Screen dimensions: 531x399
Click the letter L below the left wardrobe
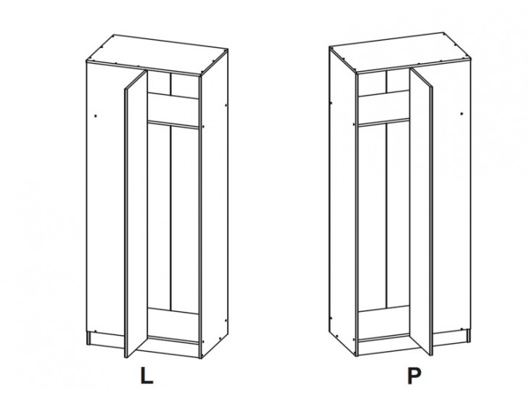coord(147,375)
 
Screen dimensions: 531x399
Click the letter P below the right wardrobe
coord(414,376)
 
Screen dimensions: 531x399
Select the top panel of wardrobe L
coord(157,54)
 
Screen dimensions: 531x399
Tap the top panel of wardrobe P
coord(400,52)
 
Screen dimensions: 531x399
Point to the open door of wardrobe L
coord(136,214)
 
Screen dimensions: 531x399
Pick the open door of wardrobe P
coord(421,211)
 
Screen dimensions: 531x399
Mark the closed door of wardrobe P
coord(451,197)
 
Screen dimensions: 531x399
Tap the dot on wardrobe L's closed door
coord(96,116)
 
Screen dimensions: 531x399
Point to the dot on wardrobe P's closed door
coord(461,114)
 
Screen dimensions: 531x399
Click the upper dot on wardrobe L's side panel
coord(226,105)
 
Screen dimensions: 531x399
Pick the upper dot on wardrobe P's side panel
coord(331,102)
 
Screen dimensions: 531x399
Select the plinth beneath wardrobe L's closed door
coord(105,340)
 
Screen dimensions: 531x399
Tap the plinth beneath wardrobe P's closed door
coord(451,337)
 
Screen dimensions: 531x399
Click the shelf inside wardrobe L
coord(173,124)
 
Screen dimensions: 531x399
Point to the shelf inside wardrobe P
coord(384,123)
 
